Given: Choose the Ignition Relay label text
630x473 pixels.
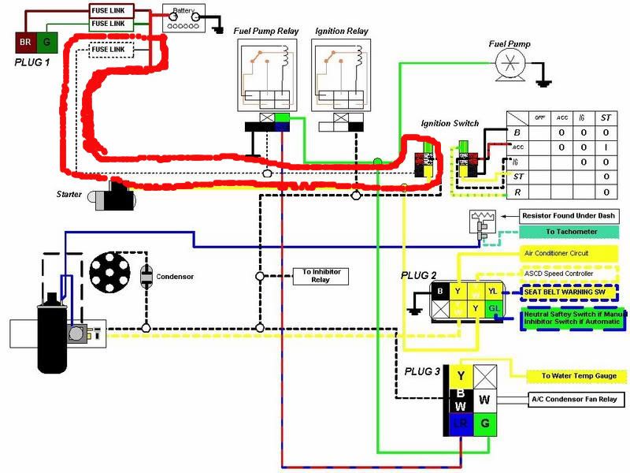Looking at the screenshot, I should [x=341, y=32].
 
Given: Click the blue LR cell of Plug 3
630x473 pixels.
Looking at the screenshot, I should [x=458, y=423].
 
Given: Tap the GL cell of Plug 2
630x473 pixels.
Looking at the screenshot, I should [x=492, y=308].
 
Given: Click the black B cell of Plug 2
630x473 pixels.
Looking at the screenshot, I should [x=439, y=291].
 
